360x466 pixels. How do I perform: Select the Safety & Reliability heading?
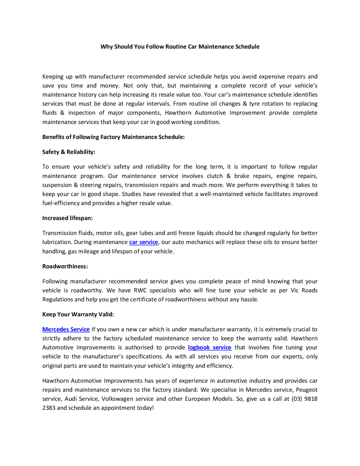69,152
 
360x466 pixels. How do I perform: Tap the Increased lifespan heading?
67,218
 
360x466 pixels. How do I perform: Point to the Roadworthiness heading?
65,266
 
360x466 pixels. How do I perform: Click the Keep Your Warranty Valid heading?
78,314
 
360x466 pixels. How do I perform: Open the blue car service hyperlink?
143,242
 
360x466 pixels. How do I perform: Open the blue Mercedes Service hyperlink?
66,329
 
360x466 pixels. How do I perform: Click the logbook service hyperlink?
210,347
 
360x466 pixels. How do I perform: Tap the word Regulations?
58,299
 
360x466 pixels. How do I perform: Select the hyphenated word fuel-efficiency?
61,203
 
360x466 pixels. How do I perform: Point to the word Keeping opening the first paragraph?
52,77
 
